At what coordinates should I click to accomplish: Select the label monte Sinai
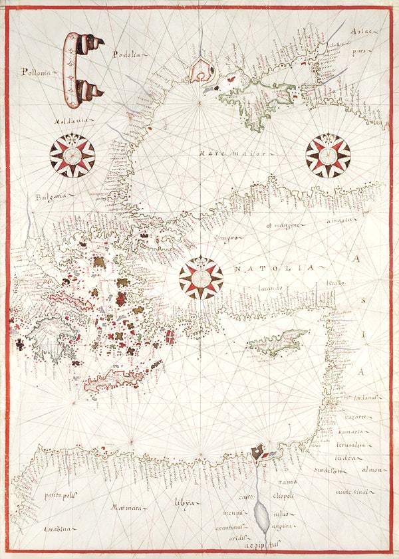pyautogui.click(x=351, y=491)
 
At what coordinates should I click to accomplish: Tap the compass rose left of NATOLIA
pyautogui.click(x=201, y=278)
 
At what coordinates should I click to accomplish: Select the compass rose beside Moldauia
pyautogui.click(x=72, y=156)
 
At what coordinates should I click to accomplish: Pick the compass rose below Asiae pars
pyautogui.click(x=327, y=156)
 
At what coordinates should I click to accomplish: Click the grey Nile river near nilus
pyautogui.click(x=262, y=515)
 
